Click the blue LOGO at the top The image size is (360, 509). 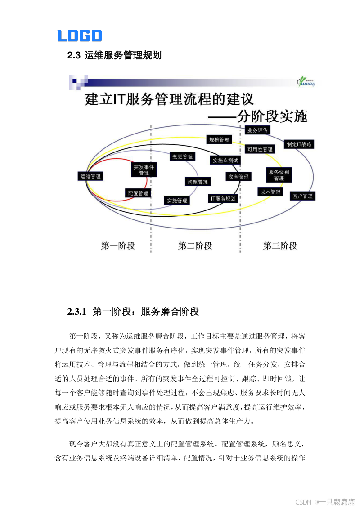pyautogui.click(x=80, y=36)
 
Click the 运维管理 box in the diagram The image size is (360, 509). pyautogui.click(x=91, y=176)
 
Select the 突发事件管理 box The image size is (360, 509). pyautogui.click(x=144, y=170)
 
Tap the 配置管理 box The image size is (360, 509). pyautogui.click(x=138, y=193)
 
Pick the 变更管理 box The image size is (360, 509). pyautogui.click(x=182, y=156)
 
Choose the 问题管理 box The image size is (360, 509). pyautogui.click(x=198, y=182)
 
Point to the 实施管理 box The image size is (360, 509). pyautogui.click(x=177, y=201)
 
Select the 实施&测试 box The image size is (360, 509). pyautogui.click(x=225, y=160)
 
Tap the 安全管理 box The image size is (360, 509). pyautogui.click(x=238, y=177)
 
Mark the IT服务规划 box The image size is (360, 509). pyautogui.click(x=223, y=198)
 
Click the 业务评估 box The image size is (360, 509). pyautogui.click(x=258, y=130)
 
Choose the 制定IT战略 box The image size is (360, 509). pyautogui.click(x=299, y=144)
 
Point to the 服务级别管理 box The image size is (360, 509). pyautogui.click(x=279, y=175)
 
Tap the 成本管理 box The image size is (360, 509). pyautogui.click(x=270, y=192)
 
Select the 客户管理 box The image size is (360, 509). pyautogui.click(x=302, y=196)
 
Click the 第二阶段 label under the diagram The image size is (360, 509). pyautogui.click(x=195, y=246)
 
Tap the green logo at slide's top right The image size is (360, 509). pyautogui.click(x=308, y=81)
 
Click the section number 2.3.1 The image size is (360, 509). pyautogui.click(x=76, y=312)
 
